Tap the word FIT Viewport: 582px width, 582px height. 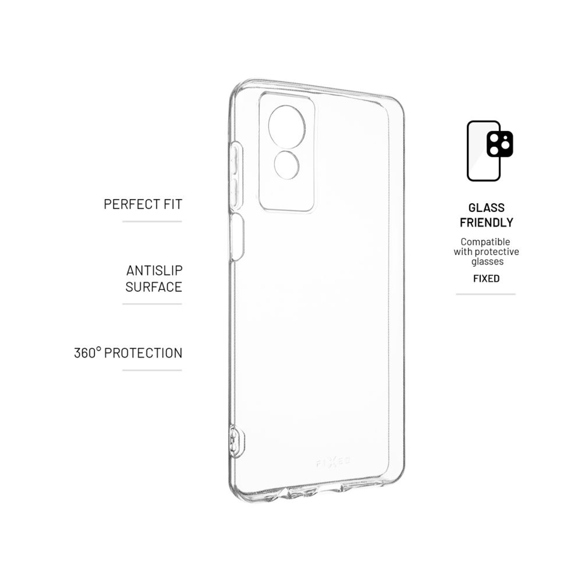[x=173, y=204]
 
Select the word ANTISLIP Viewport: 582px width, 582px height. [x=154, y=271]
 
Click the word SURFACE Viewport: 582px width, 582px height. [x=154, y=287]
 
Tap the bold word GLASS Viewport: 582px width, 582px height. [x=486, y=208]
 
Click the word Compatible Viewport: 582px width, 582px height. [x=485, y=242]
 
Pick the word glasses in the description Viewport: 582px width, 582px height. [x=487, y=261]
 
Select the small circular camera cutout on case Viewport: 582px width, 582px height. [x=286, y=165]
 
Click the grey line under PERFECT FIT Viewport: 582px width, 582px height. [x=152, y=221]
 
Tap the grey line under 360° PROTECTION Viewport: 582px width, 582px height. [x=152, y=370]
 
